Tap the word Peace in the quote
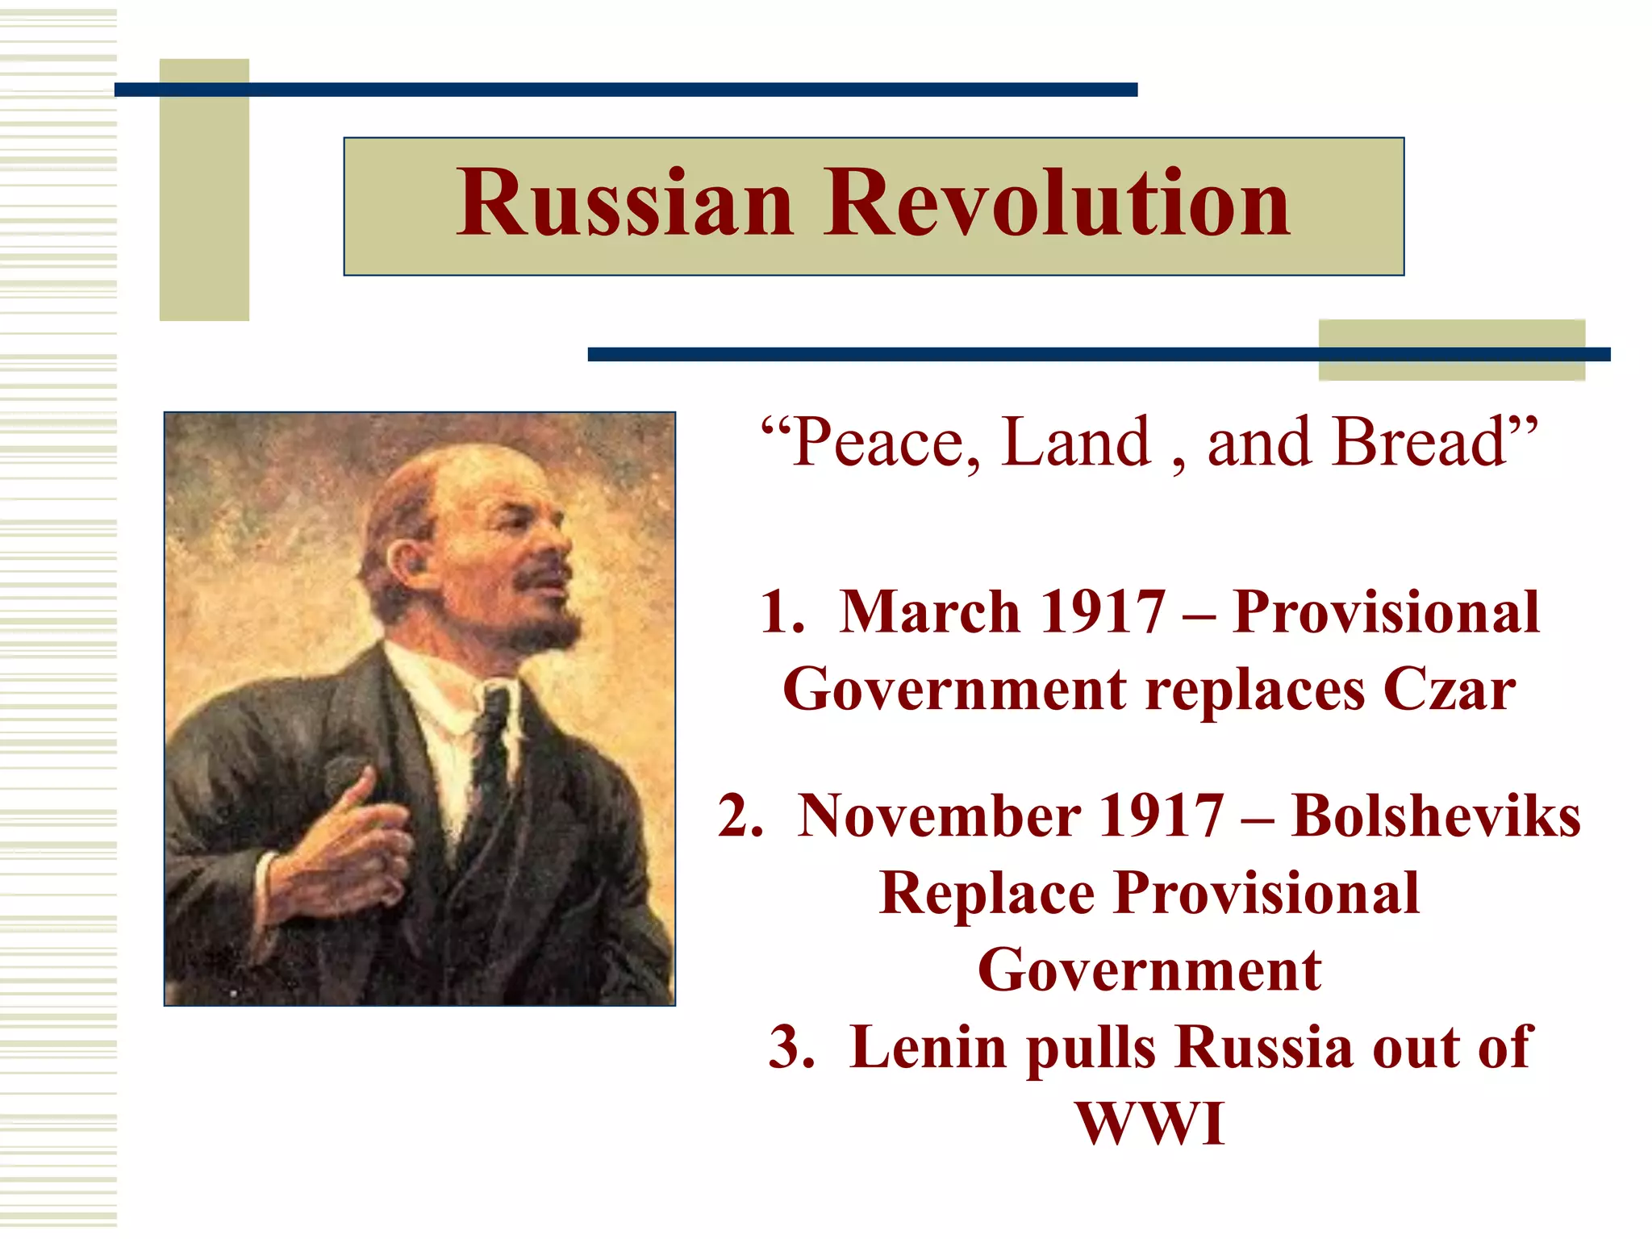point(886,443)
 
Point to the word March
point(930,612)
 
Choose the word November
point(940,816)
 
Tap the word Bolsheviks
point(1435,816)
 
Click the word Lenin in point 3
point(927,1048)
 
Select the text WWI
point(1149,1124)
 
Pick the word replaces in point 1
point(1255,690)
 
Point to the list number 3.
point(790,1048)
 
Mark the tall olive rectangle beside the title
point(204,190)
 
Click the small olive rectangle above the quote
point(1451,349)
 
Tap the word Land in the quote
point(1077,443)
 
